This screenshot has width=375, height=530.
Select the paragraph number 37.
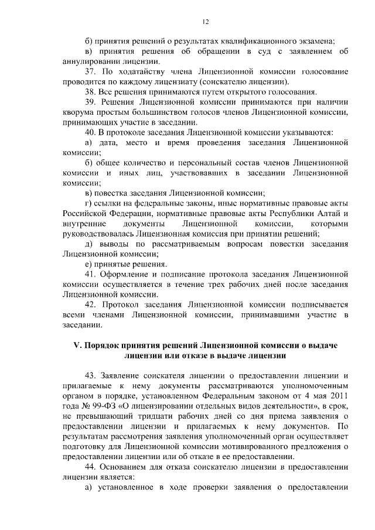[x=91, y=71]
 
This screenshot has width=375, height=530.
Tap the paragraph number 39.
[x=91, y=102]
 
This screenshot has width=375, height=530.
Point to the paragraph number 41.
[x=91, y=274]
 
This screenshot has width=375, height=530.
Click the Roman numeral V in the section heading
[x=75, y=346]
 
